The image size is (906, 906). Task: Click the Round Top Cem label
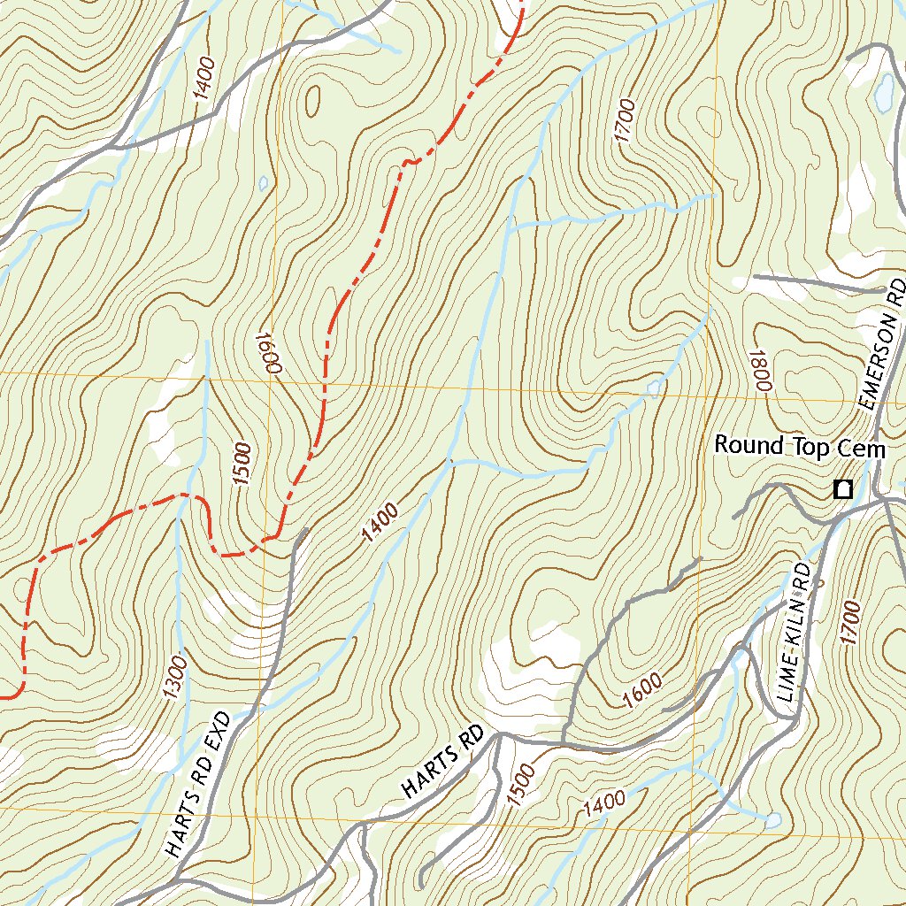point(799,446)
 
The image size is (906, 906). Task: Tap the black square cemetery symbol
point(843,489)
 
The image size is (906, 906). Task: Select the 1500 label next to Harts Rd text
point(521,785)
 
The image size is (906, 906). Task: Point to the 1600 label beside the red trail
point(266,353)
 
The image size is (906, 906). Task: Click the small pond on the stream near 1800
point(654,388)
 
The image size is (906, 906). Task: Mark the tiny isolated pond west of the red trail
point(263,184)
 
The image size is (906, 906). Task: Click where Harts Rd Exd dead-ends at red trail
point(304,532)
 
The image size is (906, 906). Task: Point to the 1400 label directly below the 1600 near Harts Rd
point(605,803)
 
